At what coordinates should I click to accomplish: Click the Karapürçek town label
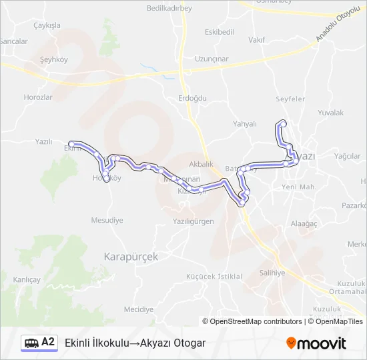pos(131,256)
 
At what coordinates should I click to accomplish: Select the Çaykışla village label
pos(47,25)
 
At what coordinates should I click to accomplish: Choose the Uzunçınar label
pos(212,59)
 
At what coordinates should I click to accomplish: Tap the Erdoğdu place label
pos(193,98)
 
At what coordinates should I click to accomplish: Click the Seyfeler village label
pos(290,99)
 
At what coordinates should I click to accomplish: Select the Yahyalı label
pos(245,123)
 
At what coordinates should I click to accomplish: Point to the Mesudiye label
pos(107,220)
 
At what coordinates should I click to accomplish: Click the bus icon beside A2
pos(31,343)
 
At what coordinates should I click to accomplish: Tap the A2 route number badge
pos(48,342)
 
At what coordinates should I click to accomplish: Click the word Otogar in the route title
pos(189,343)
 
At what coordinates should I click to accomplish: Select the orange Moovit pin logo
pos(291,343)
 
